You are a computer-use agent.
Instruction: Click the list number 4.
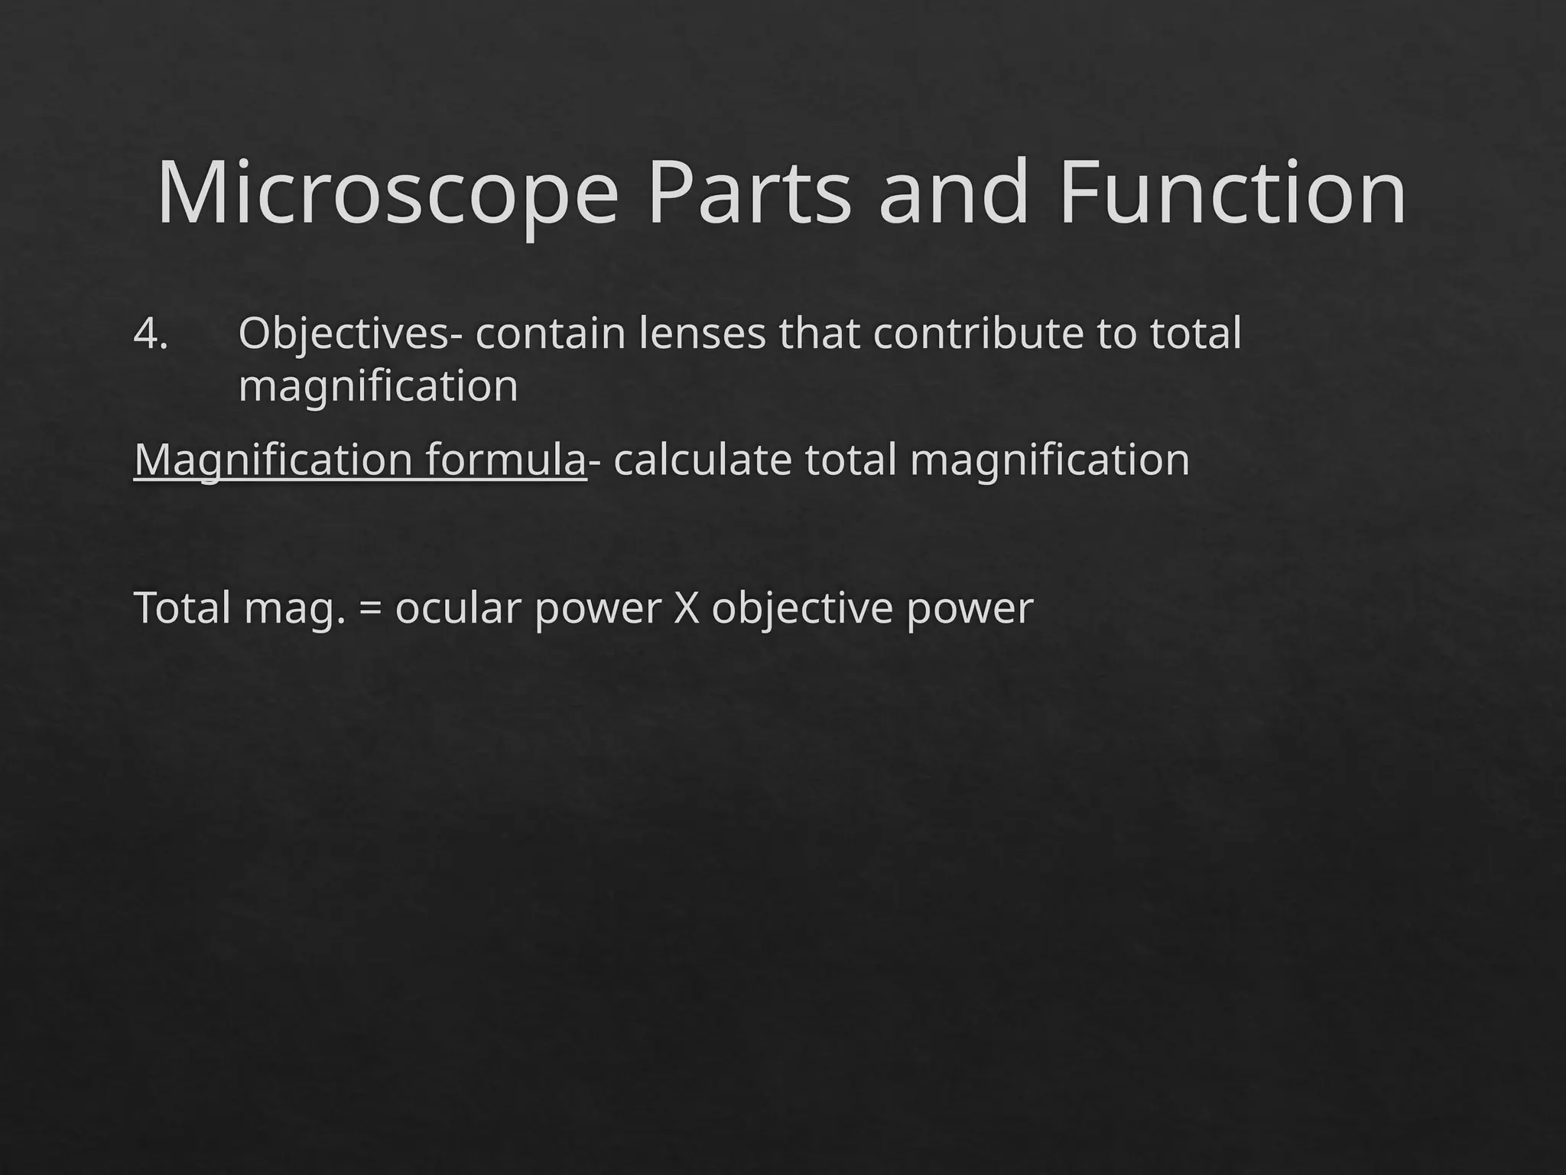(x=151, y=334)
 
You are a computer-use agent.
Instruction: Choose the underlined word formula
(x=505, y=461)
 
